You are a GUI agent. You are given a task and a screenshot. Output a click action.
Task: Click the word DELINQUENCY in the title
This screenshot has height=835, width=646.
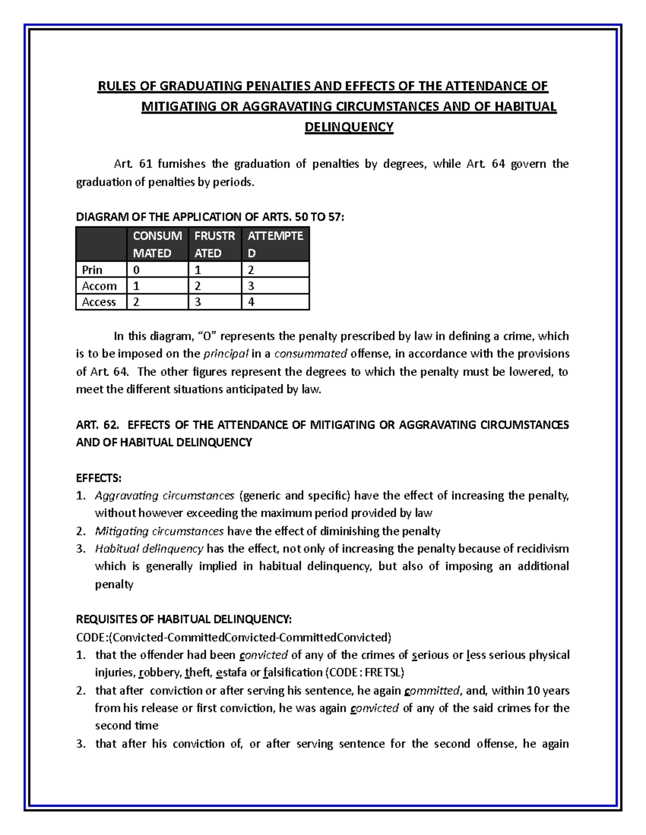coord(349,127)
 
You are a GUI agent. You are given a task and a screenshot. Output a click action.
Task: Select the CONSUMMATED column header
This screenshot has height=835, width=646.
coord(157,244)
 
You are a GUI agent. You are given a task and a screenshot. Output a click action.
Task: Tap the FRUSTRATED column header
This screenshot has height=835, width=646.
coord(215,244)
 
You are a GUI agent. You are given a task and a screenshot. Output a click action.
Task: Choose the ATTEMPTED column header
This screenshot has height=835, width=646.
coord(275,244)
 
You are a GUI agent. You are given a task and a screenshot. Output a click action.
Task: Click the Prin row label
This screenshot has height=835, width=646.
coord(92,270)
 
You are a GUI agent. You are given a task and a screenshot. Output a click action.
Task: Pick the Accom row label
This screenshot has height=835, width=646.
coord(99,286)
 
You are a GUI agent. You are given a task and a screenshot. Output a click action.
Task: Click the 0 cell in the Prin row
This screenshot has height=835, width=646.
coord(136,270)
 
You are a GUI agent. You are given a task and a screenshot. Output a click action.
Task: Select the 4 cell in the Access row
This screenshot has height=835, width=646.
coord(251,302)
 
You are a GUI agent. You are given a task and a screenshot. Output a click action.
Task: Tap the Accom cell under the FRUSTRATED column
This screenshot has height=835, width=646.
coord(198,286)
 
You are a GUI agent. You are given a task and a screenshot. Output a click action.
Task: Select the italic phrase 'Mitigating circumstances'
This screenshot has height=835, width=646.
coord(159,531)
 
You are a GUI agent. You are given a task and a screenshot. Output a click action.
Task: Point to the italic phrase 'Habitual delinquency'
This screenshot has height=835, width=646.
coord(149,549)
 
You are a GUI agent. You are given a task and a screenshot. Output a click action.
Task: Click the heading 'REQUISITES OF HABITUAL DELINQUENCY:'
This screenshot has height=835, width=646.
coord(184,619)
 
